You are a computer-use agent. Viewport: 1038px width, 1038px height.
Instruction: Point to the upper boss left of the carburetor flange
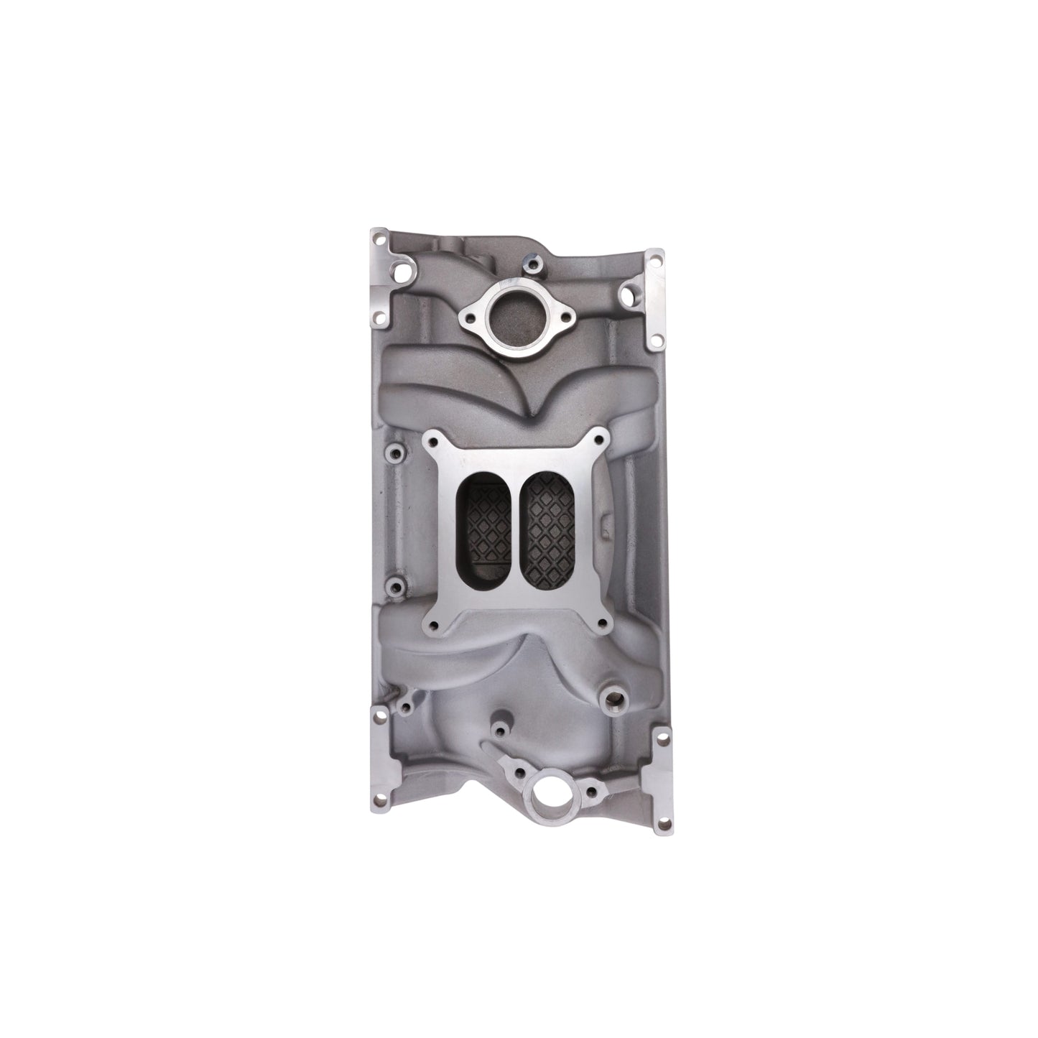pos(393,453)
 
